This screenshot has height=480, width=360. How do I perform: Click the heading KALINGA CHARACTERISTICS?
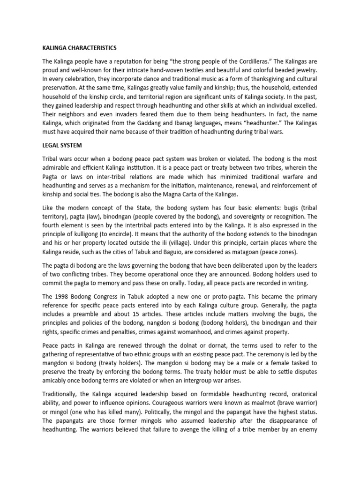coord(79,48)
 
